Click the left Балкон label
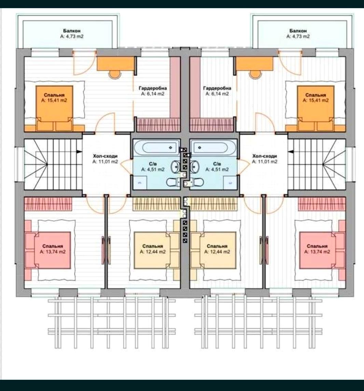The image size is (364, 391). tap(72, 31)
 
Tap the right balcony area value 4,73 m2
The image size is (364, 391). tap(298, 37)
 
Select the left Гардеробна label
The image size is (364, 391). tap(153, 88)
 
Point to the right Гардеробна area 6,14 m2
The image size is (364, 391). tap(217, 94)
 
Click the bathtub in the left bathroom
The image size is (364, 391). tap(156, 148)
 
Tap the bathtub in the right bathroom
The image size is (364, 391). tap(213, 148)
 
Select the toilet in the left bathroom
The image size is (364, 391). tap(173, 182)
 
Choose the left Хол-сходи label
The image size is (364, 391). tap(105, 156)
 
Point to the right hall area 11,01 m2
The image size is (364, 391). tap(265, 162)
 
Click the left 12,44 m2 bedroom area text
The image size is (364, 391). tap(153, 252)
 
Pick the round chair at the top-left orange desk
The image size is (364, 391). tap(115, 74)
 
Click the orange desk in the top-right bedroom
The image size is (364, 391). tap(254, 64)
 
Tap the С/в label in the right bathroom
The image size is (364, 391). tap(217, 164)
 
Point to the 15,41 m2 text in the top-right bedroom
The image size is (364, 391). tap(316, 100)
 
